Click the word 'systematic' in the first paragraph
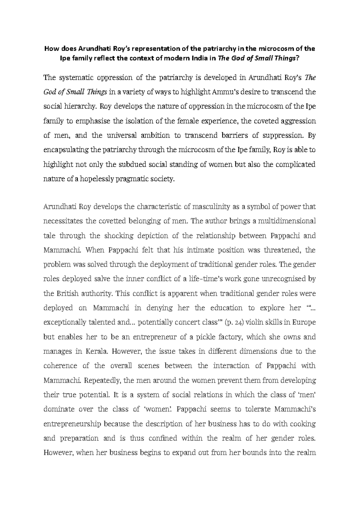(x=76, y=78)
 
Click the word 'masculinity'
(x=211, y=207)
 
